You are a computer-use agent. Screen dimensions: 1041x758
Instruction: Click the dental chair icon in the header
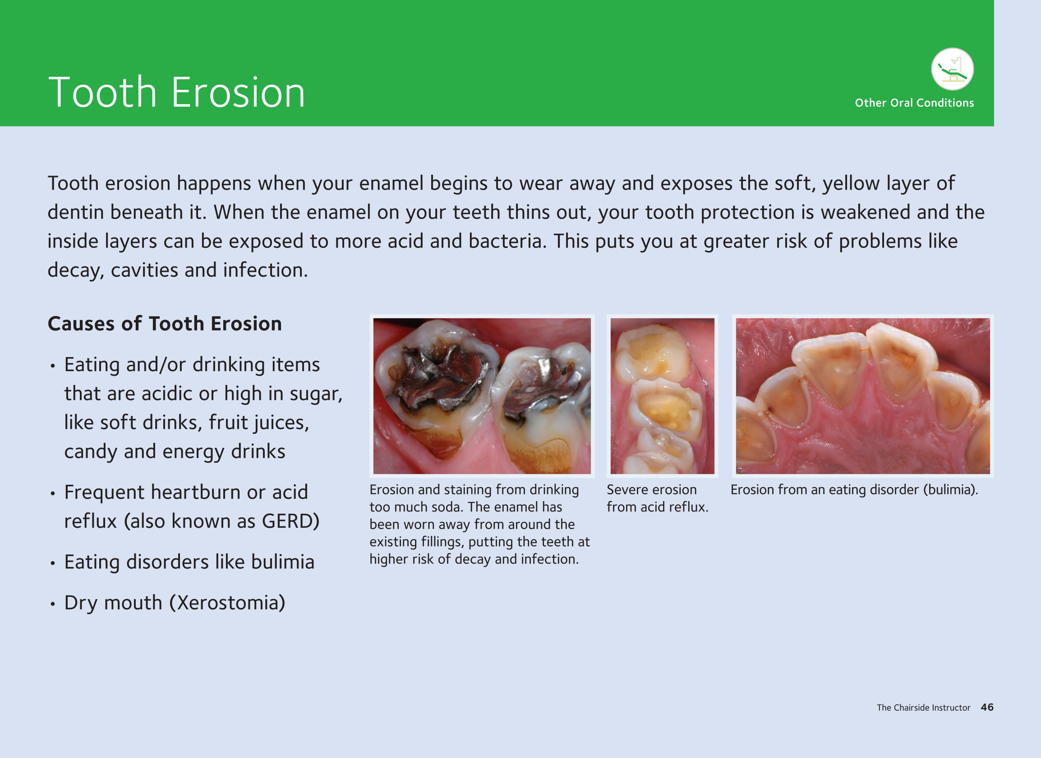coord(952,70)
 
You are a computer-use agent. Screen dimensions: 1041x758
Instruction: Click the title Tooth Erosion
coord(177,93)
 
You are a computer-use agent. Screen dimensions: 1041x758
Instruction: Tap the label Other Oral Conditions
coord(914,102)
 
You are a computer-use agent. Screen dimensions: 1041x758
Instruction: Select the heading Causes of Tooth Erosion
coord(165,323)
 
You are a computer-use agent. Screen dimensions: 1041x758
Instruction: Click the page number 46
coord(987,707)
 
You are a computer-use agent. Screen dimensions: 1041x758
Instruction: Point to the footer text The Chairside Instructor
coord(923,707)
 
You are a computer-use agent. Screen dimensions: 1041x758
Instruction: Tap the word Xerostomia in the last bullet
coord(227,603)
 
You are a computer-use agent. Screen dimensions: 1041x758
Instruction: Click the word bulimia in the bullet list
coord(283,561)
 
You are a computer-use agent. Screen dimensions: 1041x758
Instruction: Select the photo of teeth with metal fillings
coord(482,396)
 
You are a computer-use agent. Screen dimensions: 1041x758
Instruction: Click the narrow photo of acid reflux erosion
coord(662,396)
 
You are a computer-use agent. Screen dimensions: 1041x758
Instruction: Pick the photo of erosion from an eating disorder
coord(863,396)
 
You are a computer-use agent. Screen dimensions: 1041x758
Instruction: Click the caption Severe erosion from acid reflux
coord(658,498)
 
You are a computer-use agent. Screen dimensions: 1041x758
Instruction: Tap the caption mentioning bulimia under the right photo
coord(854,490)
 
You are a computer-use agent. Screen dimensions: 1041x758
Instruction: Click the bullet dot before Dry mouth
coord(53,604)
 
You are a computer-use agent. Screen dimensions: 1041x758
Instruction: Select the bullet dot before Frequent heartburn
coord(53,493)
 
